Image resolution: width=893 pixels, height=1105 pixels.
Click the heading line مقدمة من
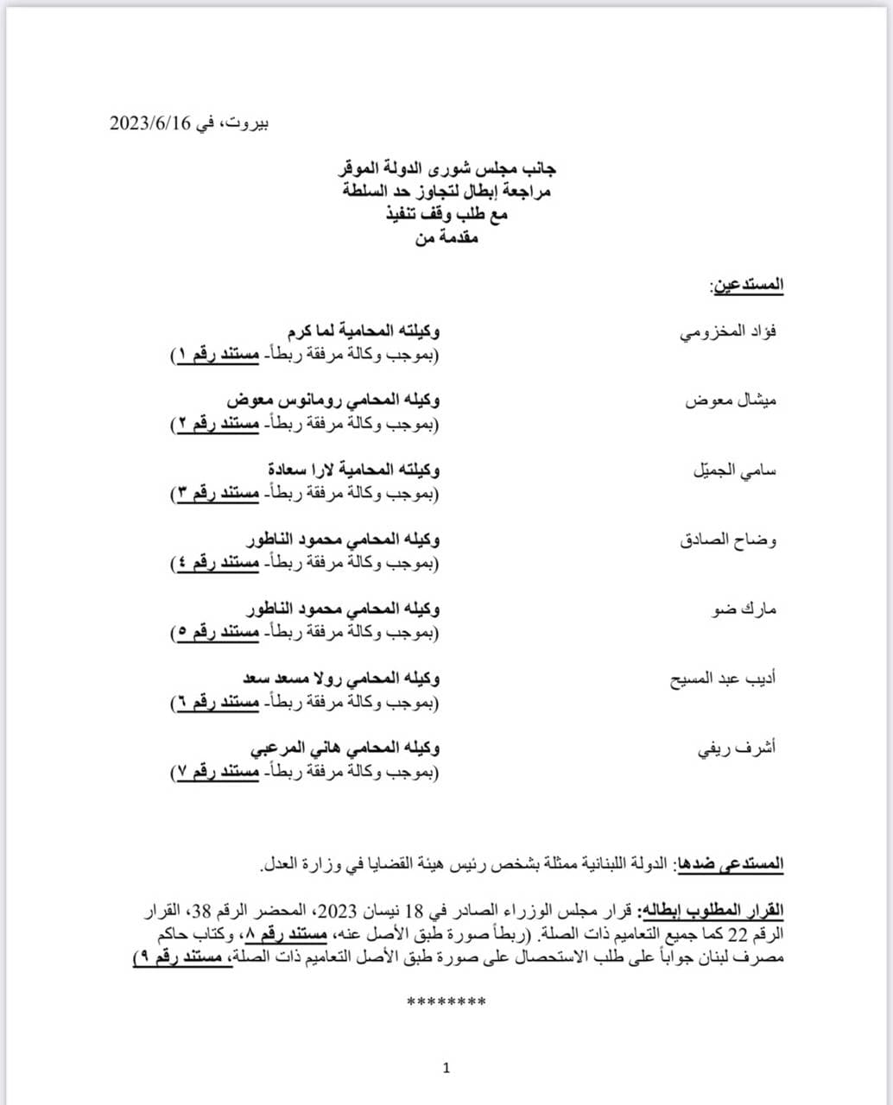446,238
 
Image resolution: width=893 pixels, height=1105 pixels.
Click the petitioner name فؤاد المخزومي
727,331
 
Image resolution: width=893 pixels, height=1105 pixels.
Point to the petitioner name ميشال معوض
731,401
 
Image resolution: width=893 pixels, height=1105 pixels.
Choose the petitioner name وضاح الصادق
728,540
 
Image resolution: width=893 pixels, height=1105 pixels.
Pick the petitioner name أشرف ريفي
737,748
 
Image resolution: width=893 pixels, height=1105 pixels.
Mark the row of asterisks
446,1001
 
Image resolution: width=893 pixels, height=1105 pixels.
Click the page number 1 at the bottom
446,1069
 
